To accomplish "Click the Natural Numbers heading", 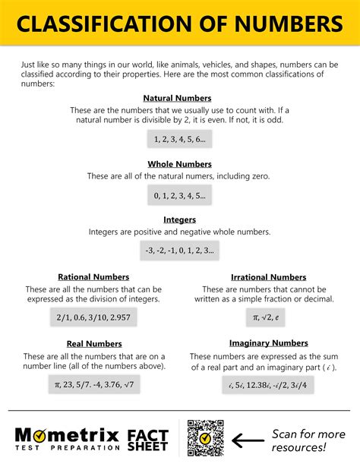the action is (x=177, y=98).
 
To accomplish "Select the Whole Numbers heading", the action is (x=178, y=163).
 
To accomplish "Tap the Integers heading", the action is (x=179, y=219).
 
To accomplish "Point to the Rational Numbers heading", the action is (x=93, y=277).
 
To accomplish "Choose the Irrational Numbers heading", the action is (x=268, y=277).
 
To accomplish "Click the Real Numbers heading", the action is (x=93, y=344).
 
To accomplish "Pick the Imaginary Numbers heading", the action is (x=268, y=343).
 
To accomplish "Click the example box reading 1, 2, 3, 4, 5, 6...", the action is (x=179, y=139).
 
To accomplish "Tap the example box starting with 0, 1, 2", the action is (x=179, y=195).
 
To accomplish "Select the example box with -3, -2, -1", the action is (x=179, y=249).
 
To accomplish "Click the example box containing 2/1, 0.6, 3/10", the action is (x=93, y=316).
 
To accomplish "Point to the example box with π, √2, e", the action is (x=266, y=316).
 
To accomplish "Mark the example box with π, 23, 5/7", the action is (x=93, y=385).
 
